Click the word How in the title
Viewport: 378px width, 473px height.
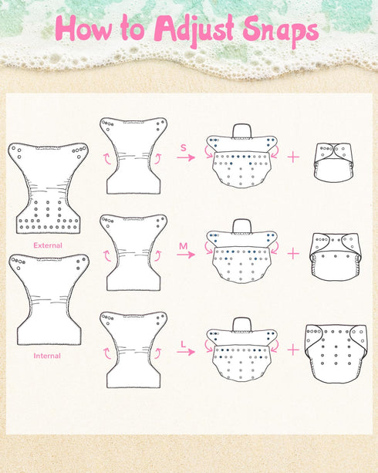pos(83,28)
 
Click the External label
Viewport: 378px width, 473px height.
pos(48,245)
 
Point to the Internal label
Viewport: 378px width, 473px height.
pos(47,356)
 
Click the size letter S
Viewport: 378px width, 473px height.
pos(184,148)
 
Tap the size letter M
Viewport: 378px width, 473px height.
pos(184,246)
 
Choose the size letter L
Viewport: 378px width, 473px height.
pos(183,344)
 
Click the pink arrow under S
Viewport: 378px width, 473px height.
pos(186,157)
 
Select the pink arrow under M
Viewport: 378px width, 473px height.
pos(186,255)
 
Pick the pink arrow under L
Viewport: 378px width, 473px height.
pos(186,352)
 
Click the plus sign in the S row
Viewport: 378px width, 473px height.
pos(293,157)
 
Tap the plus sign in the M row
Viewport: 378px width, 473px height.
pos(293,254)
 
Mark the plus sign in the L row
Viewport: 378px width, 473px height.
pos(293,350)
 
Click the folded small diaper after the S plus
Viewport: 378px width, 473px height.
pos(333,163)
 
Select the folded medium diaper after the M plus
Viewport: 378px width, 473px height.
pos(336,257)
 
